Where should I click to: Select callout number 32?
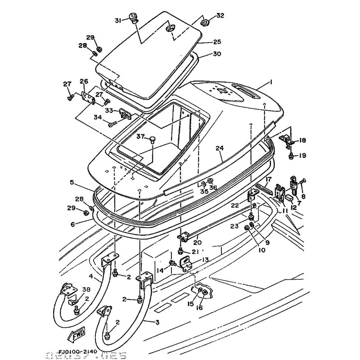pos(220,16)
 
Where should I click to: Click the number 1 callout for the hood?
pos(271,82)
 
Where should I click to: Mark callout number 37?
pos(140,136)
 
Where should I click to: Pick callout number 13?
pos(205,259)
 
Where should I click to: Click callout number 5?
pos(72,182)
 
